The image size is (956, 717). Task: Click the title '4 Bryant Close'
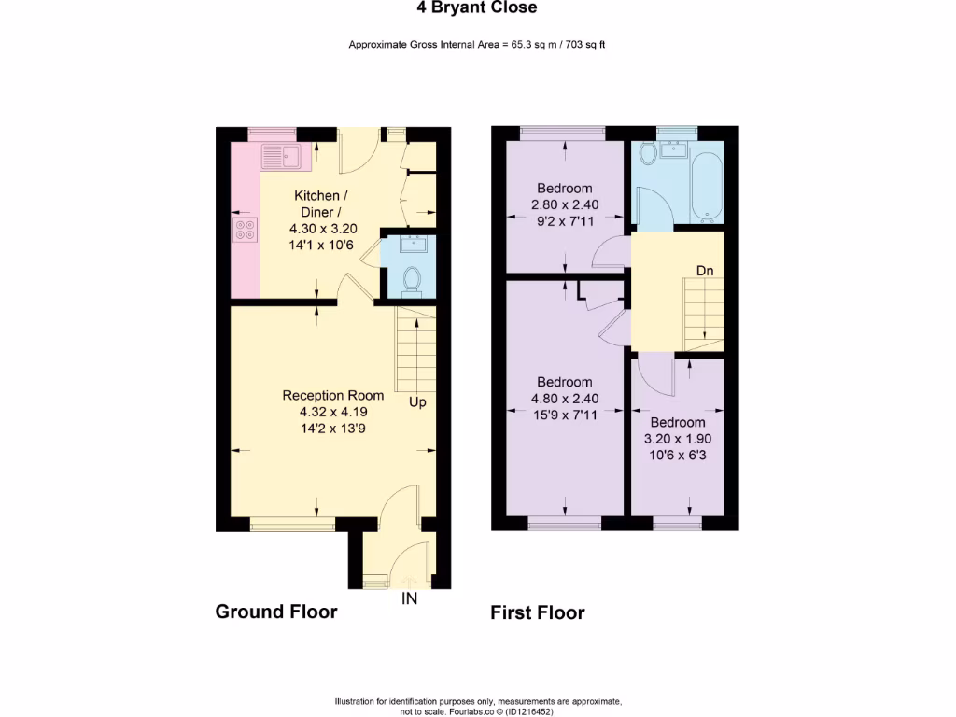click(x=477, y=8)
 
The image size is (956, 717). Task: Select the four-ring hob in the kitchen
click(x=246, y=230)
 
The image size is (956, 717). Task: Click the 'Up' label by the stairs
click(x=416, y=402)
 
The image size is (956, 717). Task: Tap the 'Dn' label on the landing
click(x=706, y=271)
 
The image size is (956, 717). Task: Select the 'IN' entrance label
click(x=409, y=598)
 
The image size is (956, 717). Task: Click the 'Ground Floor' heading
click(x=275, y=612)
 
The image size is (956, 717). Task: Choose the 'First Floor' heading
click(x=538, y=612)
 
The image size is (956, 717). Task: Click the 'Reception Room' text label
click(x=333, y=395)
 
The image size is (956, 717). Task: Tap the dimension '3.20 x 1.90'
click(x=677, y=438)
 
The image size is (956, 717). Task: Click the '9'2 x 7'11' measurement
click(x=565, y=221)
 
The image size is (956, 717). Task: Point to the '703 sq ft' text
click(x=583, y=44)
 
